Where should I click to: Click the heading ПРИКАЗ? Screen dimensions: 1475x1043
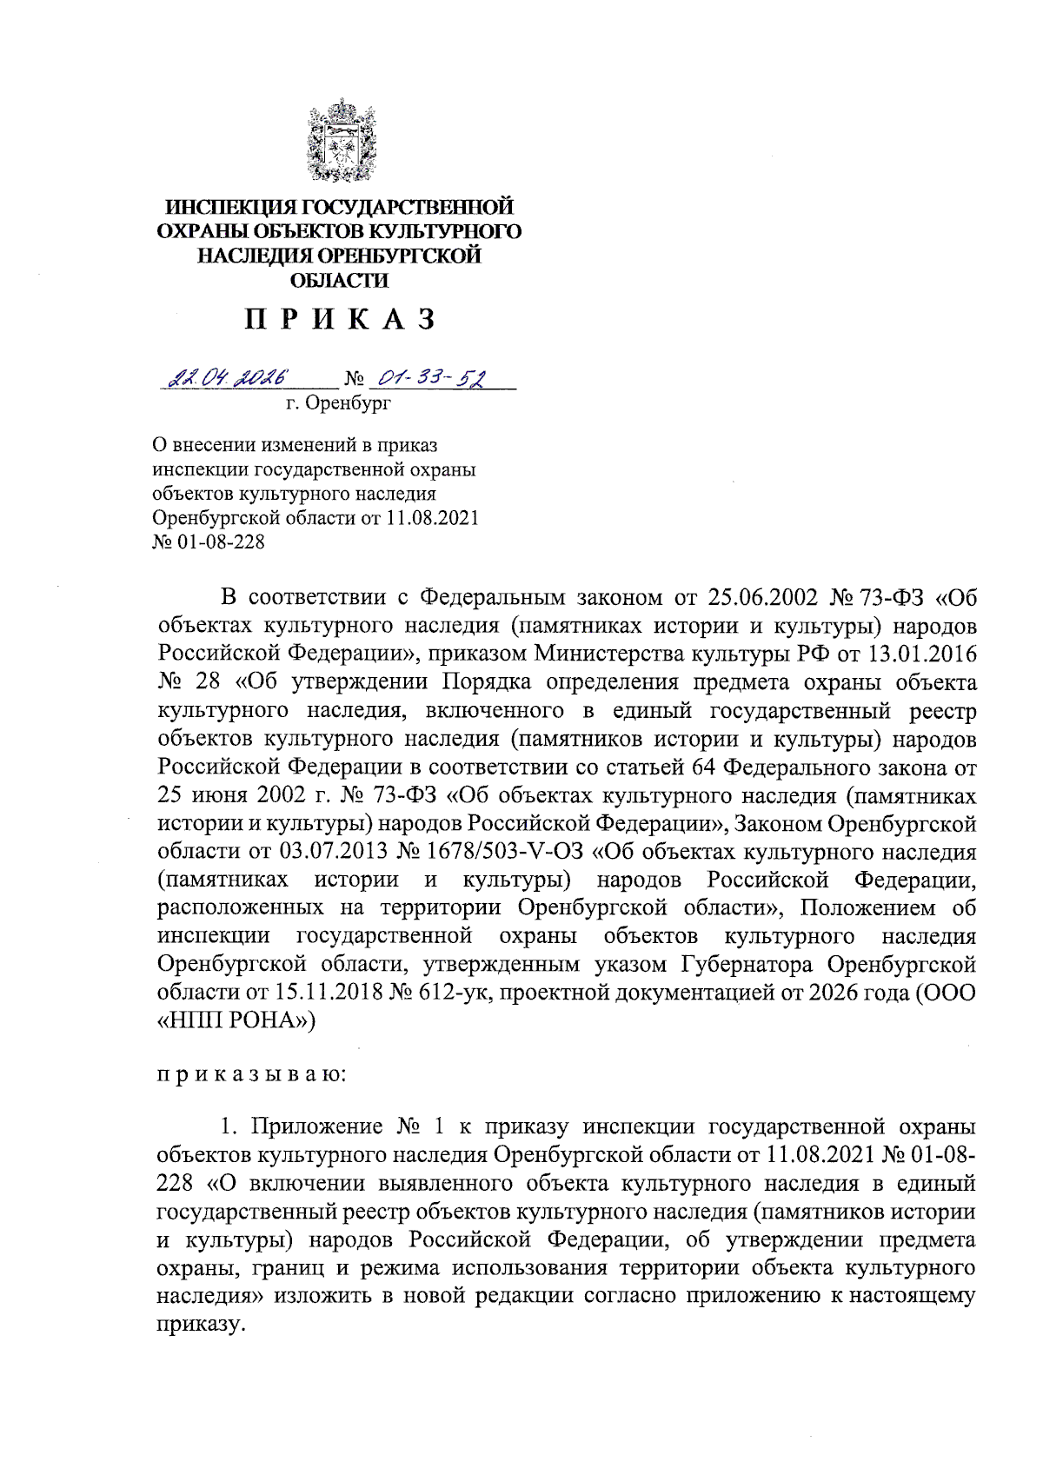click(340, 320)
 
